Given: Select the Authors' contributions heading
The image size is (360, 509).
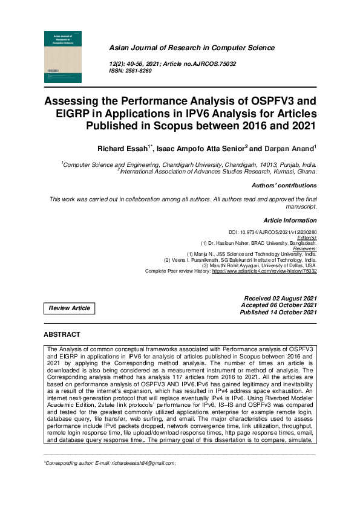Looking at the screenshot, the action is click(284, 186).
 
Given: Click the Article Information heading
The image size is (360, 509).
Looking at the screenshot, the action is click(290, 221).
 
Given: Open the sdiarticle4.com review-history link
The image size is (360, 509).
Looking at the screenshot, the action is click(264, 271).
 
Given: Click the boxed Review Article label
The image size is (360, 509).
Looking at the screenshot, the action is click(70, 308).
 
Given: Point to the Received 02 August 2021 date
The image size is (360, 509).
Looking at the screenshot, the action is click(280, 299).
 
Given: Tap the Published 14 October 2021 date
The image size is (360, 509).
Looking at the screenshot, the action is click(278, 312).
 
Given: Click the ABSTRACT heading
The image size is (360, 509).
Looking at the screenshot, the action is click(62, 334).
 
